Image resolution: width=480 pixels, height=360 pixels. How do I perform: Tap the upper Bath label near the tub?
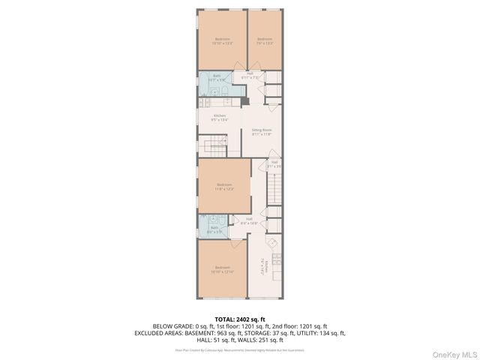pos(217,76)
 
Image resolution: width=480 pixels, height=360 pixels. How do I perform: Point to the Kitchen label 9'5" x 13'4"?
pos(219,117)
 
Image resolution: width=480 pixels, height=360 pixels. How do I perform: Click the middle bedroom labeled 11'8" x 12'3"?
pos(225,186)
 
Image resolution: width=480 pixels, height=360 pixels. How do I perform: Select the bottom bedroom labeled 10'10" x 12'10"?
pos(223,268)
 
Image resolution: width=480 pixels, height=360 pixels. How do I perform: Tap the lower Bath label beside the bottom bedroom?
pos(214,229)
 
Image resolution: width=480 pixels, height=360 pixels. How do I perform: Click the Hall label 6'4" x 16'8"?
pos(250,220)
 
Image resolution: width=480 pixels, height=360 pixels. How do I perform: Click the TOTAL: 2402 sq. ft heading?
pos(239,319)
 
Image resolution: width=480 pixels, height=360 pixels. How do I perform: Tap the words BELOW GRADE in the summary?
pos(170,326)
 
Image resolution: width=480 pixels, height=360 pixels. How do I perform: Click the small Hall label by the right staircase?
pos(274,163)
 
